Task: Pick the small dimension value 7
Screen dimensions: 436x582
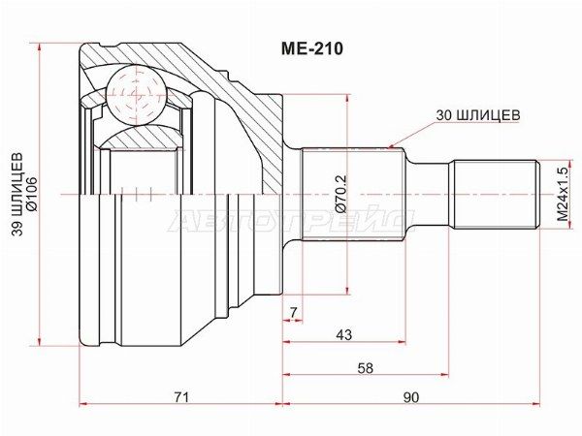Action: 292,310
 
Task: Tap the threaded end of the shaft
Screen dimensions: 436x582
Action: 495,194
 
